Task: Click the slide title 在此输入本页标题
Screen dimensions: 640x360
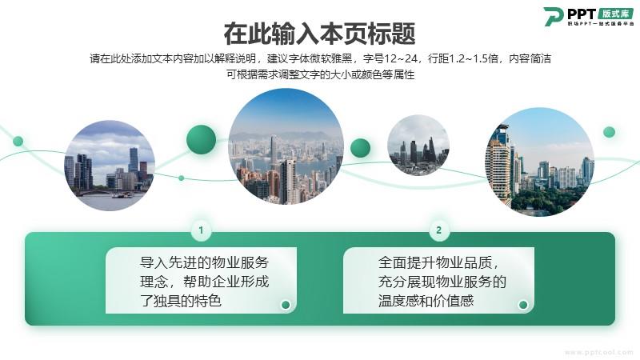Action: pos(319,34)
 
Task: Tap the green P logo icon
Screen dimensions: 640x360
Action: pos(553,16)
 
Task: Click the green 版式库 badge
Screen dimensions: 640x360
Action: pos(615,14)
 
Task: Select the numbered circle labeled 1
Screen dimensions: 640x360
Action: pos(201,230)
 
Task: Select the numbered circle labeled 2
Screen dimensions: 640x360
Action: pos(438,230)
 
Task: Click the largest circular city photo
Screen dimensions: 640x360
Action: pos(286,146)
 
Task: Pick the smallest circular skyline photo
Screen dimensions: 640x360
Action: pos(418,145)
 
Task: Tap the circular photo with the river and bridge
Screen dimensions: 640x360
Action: pos(110,166)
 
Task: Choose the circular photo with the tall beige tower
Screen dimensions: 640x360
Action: pos(539,162)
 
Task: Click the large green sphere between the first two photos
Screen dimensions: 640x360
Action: pos(202,139)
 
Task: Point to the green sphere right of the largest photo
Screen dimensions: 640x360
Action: pos(360,148)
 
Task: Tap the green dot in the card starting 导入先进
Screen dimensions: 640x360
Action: pos(286,305)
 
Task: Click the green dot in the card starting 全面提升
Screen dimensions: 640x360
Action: pos(523,305)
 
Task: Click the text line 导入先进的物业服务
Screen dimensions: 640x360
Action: pos(204,262)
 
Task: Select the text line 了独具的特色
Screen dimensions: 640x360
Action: pos(181,301)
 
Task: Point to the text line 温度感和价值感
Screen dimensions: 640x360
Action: pos(426,301)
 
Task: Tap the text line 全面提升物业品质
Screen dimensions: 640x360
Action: pos(438,262)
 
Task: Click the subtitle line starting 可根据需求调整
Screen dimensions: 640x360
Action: pos(321,74)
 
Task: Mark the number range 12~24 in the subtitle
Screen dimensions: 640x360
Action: pos(401,58)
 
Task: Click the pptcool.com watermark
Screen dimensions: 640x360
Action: pos(598,352)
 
